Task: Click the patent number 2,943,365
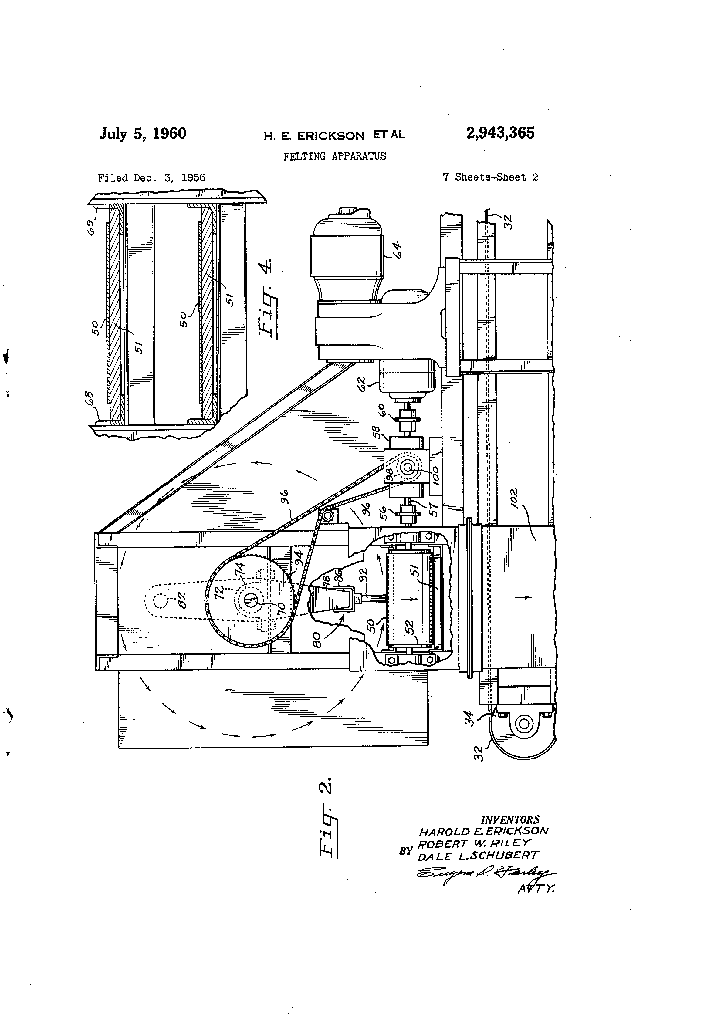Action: tap(500, 133)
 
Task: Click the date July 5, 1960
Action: tap(142, 133)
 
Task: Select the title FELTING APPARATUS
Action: tap(335, 156)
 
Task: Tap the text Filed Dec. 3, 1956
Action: tap(151, 178)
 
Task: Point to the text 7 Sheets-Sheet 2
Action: tap(490, 177)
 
